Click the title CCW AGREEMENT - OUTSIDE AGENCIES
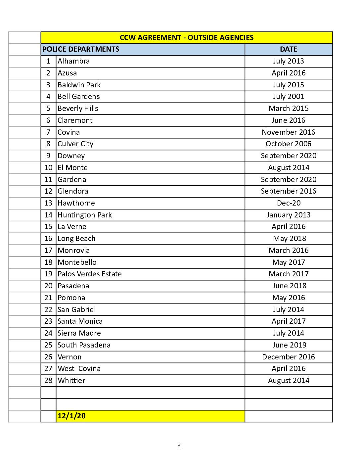(187, 38)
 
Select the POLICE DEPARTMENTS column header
(81, 49)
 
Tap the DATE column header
(289, 49)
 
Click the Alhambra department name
(73, 61)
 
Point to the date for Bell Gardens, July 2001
(289, 97)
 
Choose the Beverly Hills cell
(78, 109)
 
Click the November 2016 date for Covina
(289, 132)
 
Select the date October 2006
(289, 144)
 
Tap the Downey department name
(71, 156)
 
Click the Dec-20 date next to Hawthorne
(289, 203)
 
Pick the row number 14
(48, 215)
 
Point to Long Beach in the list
(76, 239)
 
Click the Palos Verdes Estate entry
(90, 274)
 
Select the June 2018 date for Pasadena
(289, 286)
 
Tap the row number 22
(48, 310)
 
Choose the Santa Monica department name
(80, 321)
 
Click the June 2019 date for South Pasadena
(289, 345)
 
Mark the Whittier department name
(71, 381)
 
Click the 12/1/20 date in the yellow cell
(71, 416)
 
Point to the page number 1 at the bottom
(180, 447)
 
